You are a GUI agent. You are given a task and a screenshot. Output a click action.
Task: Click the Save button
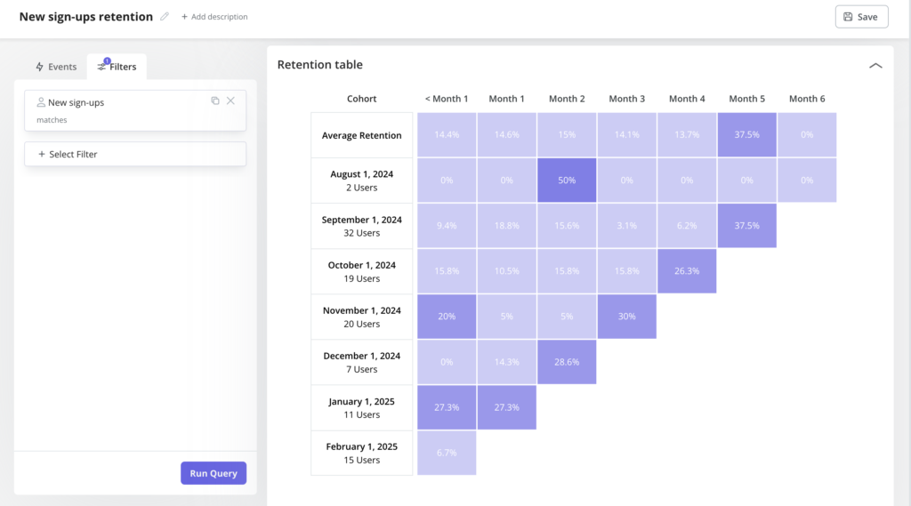point(861,17)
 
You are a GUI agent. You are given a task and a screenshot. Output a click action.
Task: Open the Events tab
point(55,67)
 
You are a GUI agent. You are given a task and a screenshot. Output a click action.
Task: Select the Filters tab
point(117,67)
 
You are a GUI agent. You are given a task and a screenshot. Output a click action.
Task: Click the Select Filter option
point(135,154)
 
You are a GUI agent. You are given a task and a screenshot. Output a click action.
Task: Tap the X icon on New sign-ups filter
point(230,100)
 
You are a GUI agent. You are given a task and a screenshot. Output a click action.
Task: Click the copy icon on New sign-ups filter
point(215,100)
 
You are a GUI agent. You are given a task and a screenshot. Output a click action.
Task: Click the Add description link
point(214,17)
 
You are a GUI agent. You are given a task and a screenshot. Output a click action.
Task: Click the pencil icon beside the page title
point(165,17)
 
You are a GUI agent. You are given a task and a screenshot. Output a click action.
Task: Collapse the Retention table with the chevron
point(875,65)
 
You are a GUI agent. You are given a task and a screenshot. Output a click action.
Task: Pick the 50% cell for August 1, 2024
point(567,181)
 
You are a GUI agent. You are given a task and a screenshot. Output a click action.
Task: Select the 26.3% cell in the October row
point(687,271)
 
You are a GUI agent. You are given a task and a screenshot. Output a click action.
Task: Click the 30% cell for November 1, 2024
point(627,317)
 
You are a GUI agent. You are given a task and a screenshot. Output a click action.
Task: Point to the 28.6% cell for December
point(567,362)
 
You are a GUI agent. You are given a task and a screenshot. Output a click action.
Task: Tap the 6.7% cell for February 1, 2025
point(447,453)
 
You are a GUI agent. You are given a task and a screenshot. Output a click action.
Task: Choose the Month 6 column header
point(807,99)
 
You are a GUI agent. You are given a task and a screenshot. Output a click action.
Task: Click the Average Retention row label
point(362,135)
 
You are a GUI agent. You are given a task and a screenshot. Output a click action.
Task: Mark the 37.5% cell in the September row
point(747,226)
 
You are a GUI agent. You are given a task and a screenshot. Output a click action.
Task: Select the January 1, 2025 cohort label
point(362,407)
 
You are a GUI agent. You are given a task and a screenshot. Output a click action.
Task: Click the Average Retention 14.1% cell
point(627,135)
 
